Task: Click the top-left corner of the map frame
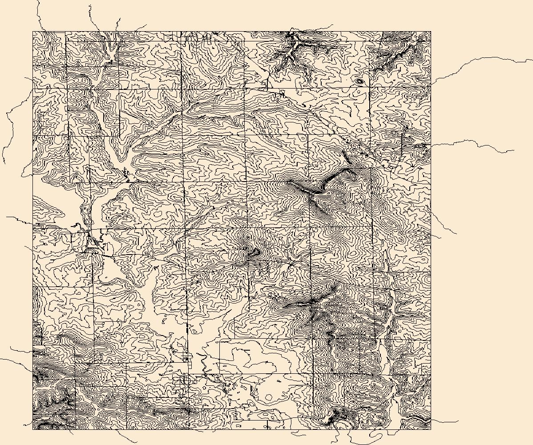click(33, 32)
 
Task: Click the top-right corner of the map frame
click(431, 32)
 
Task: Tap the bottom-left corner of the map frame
click(33, 429)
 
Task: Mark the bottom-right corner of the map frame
click(431, 429)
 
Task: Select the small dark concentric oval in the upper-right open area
click(359, 82)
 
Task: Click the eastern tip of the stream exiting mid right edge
click(514, 150)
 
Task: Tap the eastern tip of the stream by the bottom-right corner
click(458, 421)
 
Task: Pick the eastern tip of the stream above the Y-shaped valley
click(333, 25)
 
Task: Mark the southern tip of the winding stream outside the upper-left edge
click(4, 162)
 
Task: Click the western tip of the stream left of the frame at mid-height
click(6, 217)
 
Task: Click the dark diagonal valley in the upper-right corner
click(392, 58)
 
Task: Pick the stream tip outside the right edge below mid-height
click(456, 234)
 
